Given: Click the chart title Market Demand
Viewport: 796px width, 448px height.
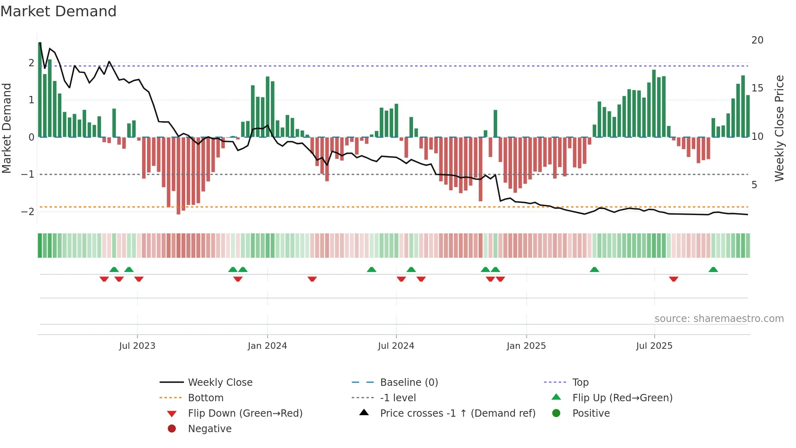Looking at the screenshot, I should [58, 11].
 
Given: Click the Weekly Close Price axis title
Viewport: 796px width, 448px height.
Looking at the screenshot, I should [779, 128].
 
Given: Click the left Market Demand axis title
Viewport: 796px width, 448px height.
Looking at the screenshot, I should [6, 128].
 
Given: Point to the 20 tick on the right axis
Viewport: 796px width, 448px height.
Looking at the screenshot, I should [757, 40].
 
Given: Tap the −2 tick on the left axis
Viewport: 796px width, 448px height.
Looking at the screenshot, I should [28, 212].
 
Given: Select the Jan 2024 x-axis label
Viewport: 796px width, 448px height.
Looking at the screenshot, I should [267, 346].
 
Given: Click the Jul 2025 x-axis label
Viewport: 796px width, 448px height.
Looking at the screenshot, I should [654, 346].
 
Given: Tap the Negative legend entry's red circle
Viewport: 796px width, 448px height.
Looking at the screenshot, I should [172, 429].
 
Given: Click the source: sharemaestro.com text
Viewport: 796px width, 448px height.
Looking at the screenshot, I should [719, 319].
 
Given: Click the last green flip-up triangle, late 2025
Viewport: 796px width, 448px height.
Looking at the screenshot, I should [713, 270].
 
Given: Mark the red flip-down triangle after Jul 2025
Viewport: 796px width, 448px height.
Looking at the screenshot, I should [673, 279].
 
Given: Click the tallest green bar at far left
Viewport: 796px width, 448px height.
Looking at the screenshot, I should [40, 89].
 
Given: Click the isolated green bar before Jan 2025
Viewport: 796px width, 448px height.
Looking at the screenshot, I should [495, 124].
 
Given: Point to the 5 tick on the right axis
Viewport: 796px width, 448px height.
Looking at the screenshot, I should [754, 185].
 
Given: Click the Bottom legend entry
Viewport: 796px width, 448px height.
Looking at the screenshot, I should [205, 398].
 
